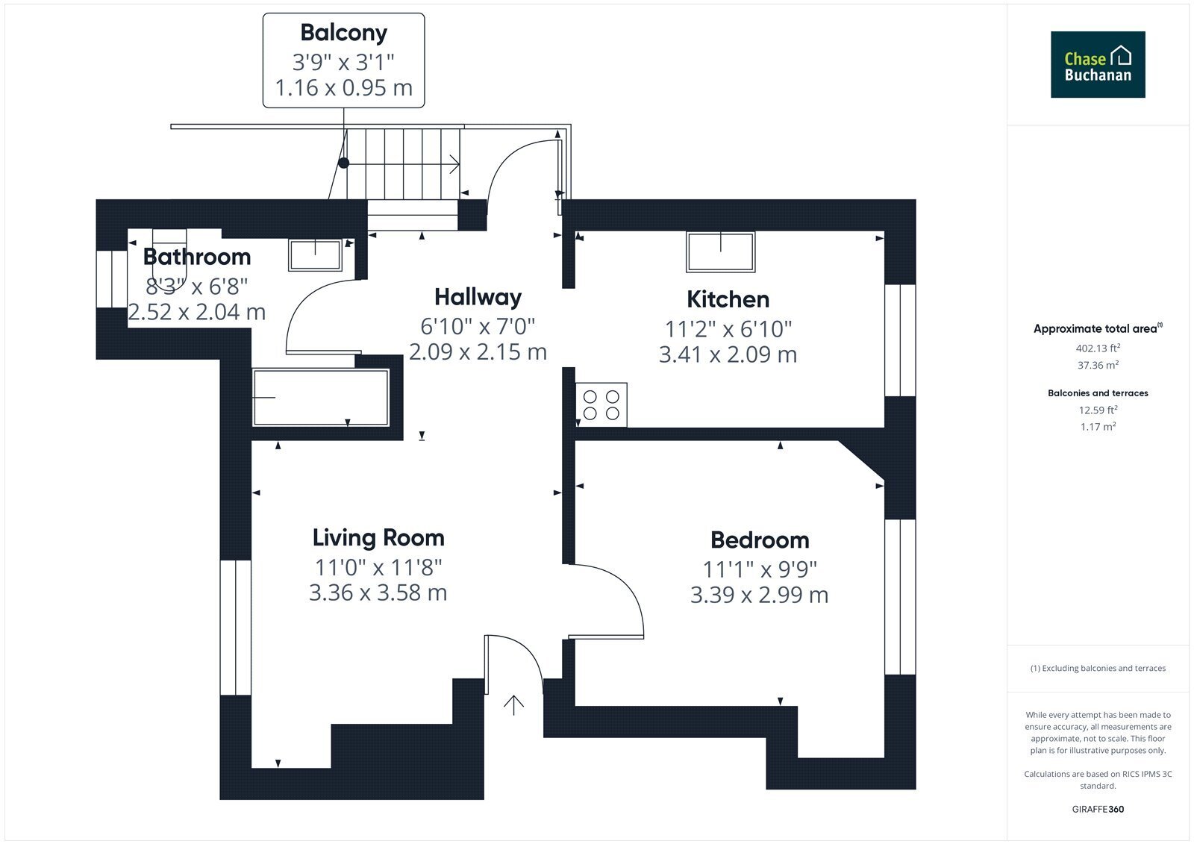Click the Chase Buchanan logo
tap(1098, 64)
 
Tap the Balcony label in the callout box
tap(344, 33)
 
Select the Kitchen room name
tap(728, 299)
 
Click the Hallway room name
tap(478, 297)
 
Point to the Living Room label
tap(378, 537)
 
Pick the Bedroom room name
tap(760, 540)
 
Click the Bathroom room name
tap(197, 257)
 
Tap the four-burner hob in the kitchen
tap(601, 404)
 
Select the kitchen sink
tap(721, 251)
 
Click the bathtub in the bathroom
tap(321, 397)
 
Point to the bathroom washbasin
tap(315, 255)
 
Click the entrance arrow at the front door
tap(514, 705)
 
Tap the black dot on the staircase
tap(344, 163)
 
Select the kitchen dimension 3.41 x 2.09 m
tap(728, 354)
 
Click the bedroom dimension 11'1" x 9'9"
tap(760, 569)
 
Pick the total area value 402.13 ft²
tap(1098, 348)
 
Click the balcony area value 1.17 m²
tap(1098, 427)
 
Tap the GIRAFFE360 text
tap(1098, 809)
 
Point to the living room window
tap(236, 628)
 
